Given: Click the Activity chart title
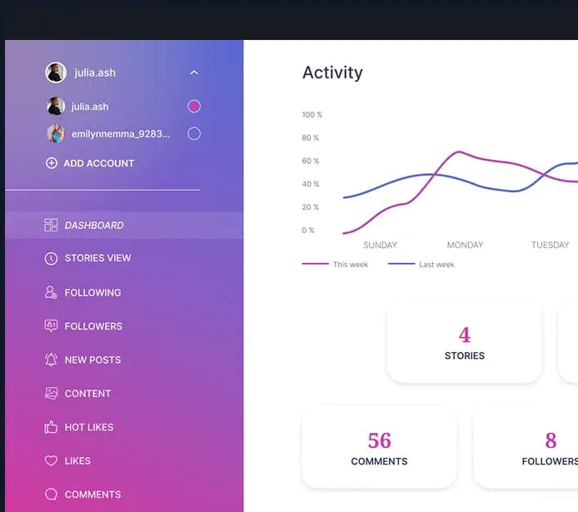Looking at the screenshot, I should (x=332, y=72).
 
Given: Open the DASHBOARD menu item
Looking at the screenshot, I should (x=93, y=225).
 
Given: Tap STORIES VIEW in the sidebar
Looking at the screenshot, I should (x=97, y=258).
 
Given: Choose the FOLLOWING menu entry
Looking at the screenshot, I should (x=92, y=292).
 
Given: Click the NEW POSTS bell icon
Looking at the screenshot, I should (x=51, y=360).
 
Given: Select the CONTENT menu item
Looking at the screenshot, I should (x=87, y=393).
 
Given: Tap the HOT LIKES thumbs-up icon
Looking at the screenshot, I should (x=51, y=427).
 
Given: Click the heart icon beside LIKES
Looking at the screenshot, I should (x=51, y=460).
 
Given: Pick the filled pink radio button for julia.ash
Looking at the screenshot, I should (x=194, y=107).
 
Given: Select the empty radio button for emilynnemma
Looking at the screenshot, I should (x=194, y=133).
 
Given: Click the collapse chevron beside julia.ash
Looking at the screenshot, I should (x=194, y=73).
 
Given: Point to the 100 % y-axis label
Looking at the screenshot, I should (x=311, y=115).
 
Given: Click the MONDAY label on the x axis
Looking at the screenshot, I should (x=465, y=245).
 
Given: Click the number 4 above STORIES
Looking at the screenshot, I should (x=464, y=335).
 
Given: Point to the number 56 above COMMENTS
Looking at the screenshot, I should (x=379, y=440).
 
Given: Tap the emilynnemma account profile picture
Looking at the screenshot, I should (x=56, y=133).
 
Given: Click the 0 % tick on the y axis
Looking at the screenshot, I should (x=308, y=231).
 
